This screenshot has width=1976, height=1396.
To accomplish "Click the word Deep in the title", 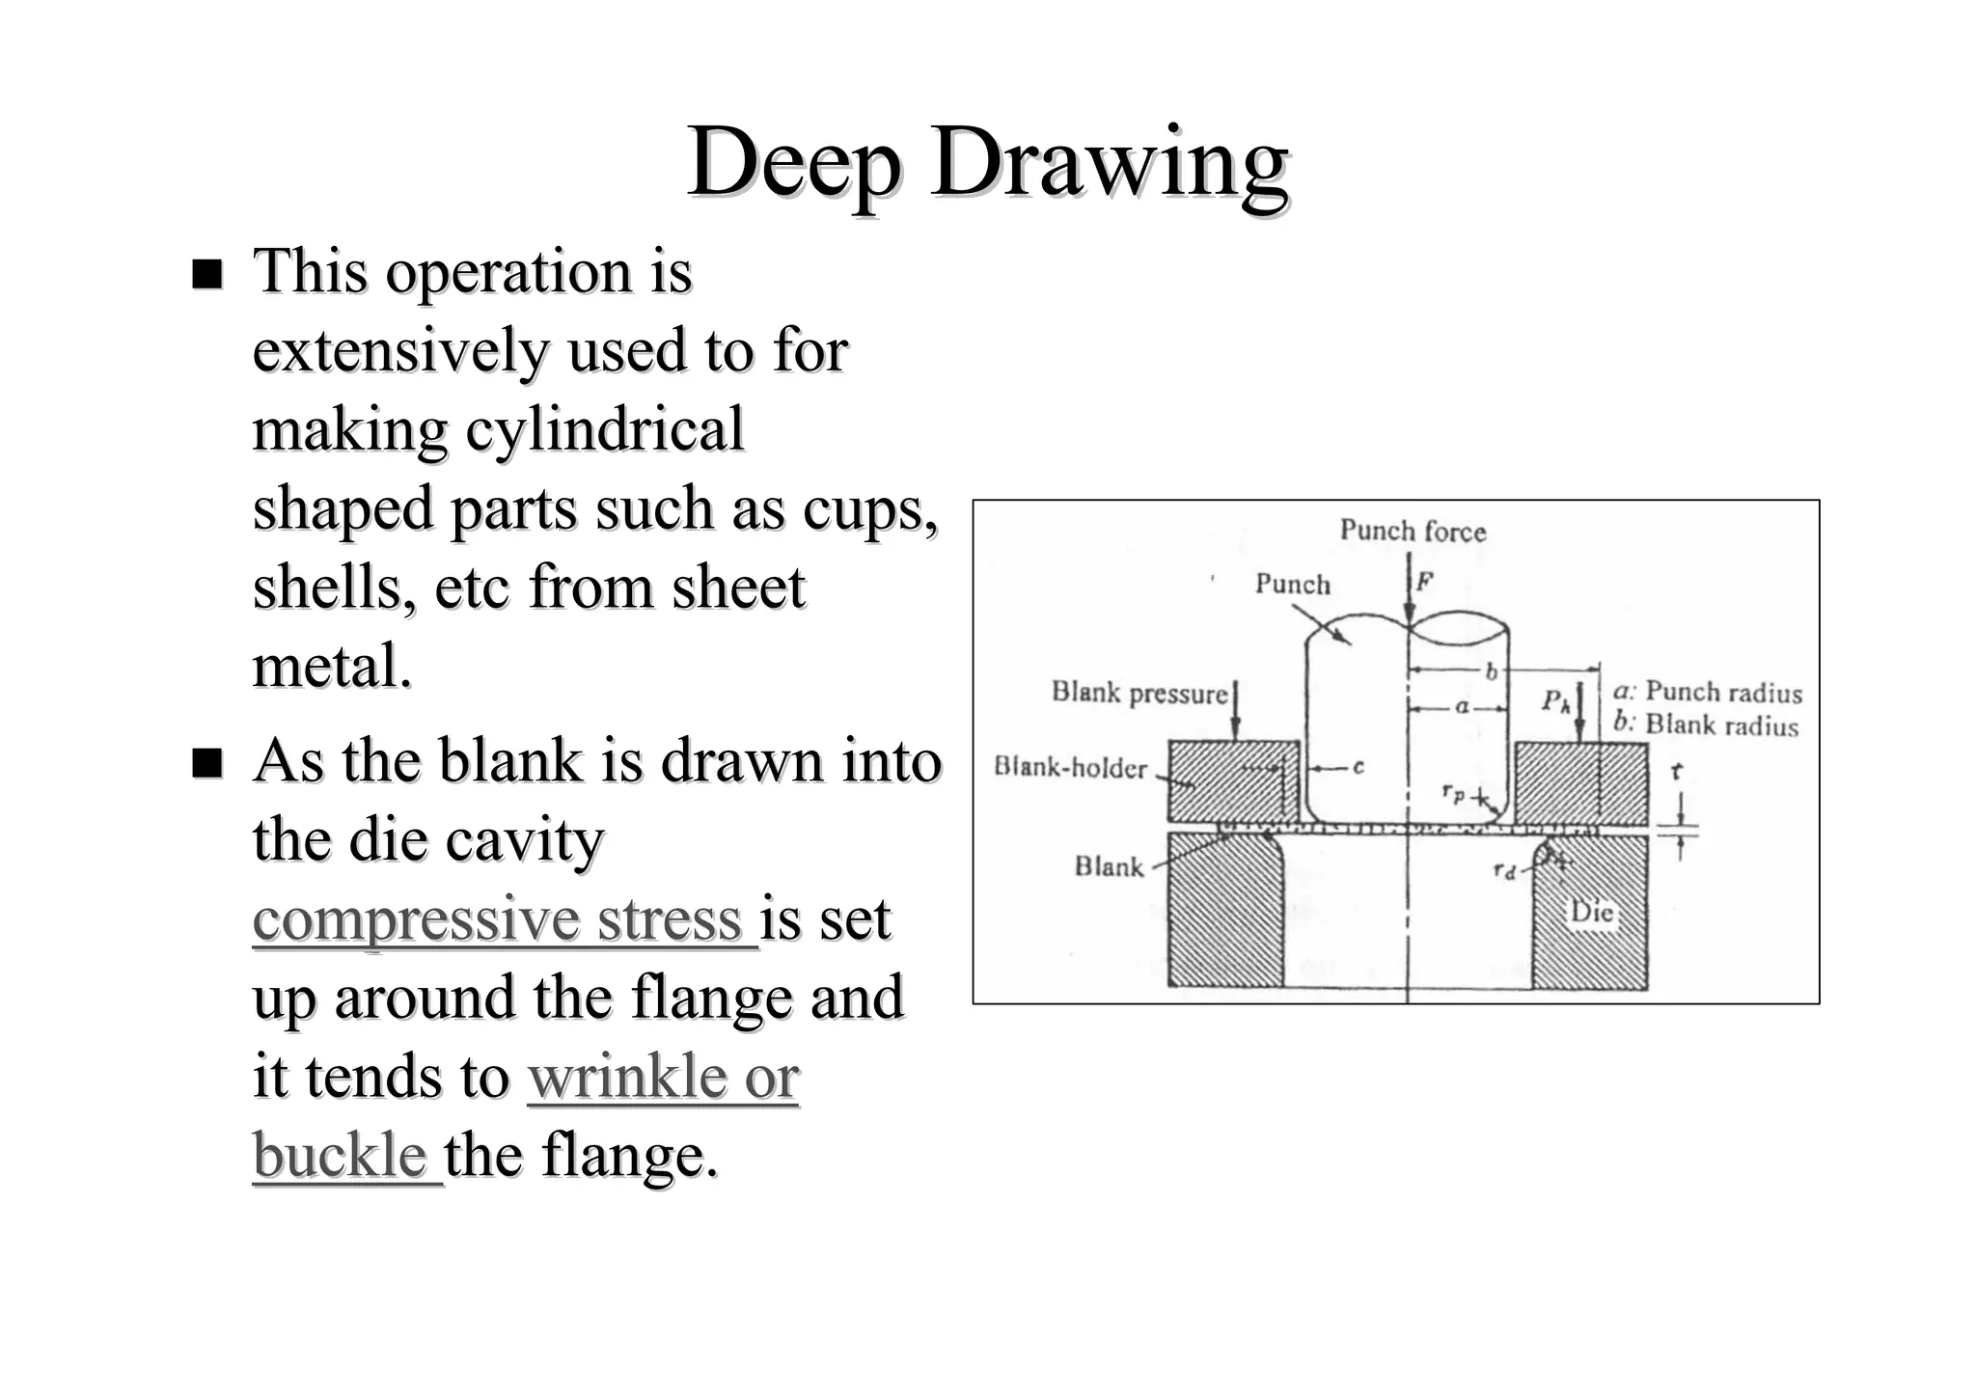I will coord(793,164).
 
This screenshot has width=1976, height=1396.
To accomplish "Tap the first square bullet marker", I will coord(206,274).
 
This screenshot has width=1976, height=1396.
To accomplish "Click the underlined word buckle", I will coord(340,1155).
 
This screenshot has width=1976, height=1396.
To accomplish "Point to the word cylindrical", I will coord(605,429).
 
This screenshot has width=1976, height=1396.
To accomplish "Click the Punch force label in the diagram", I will coord(1413,531).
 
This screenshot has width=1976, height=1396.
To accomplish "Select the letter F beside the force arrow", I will coord(1424,581).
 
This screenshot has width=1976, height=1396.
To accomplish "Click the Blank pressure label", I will coord(1139,693).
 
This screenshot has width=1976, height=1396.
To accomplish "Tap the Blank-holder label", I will coord(1071,768).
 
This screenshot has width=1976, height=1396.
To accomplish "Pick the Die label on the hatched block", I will coord(1591,911).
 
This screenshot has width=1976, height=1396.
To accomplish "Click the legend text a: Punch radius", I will coord(1707,692).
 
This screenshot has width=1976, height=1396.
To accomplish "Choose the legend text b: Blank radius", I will coord(1705,725).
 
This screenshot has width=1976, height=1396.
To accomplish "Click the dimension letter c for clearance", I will coord(1358,768).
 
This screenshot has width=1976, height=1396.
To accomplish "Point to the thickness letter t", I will coord(1676,772).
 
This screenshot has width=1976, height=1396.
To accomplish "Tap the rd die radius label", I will coord(1503,871).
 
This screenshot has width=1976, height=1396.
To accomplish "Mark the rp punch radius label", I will coord(1453,793).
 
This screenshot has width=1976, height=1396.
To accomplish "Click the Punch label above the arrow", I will coord(1292,584).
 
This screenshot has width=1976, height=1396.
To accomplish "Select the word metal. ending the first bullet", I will coord(332,666).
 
